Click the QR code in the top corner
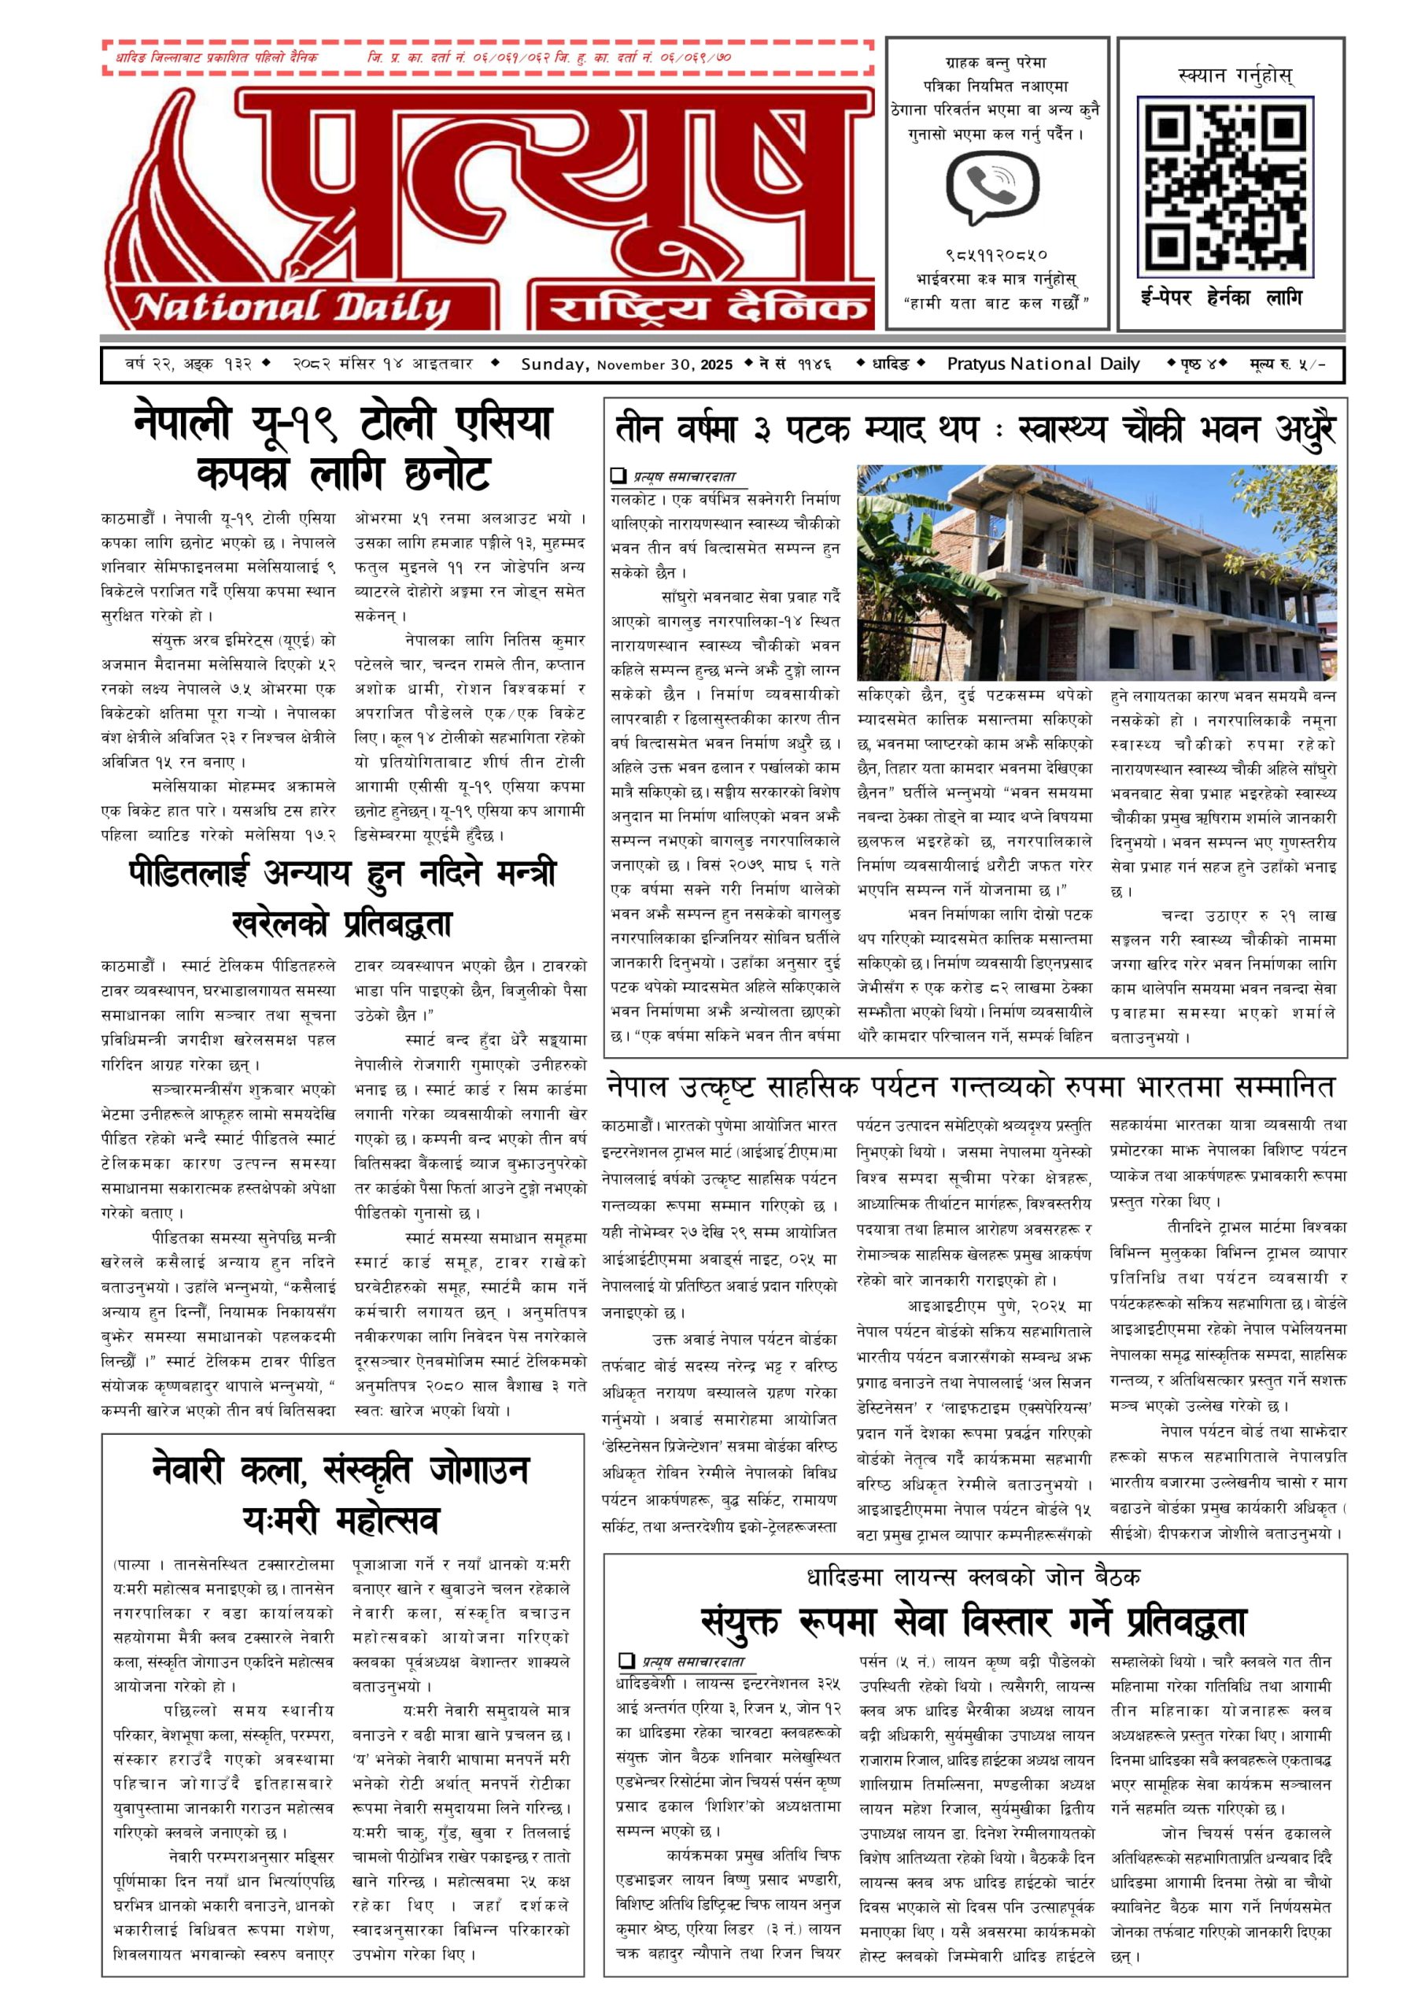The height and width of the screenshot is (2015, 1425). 1229,185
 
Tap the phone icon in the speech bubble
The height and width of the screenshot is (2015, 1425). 992,185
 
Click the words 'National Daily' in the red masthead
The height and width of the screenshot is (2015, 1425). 291,307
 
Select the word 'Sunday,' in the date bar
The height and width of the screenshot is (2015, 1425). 555,364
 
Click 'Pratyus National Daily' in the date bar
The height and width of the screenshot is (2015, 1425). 1043,364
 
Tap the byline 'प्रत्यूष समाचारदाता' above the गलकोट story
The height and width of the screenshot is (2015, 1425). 685,476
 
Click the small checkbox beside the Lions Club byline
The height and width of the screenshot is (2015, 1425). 626,1661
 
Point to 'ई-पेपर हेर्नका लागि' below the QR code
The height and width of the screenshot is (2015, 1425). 1221,298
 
